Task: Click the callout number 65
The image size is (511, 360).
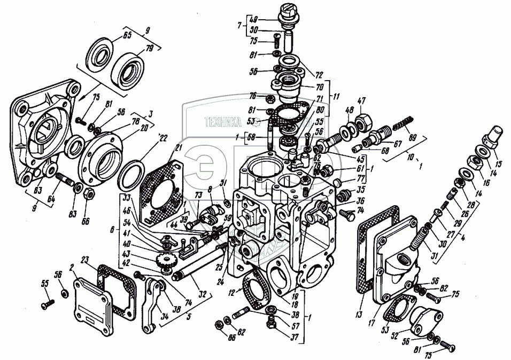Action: pos(127,36)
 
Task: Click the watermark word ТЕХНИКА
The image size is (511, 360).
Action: pos(227,122)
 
